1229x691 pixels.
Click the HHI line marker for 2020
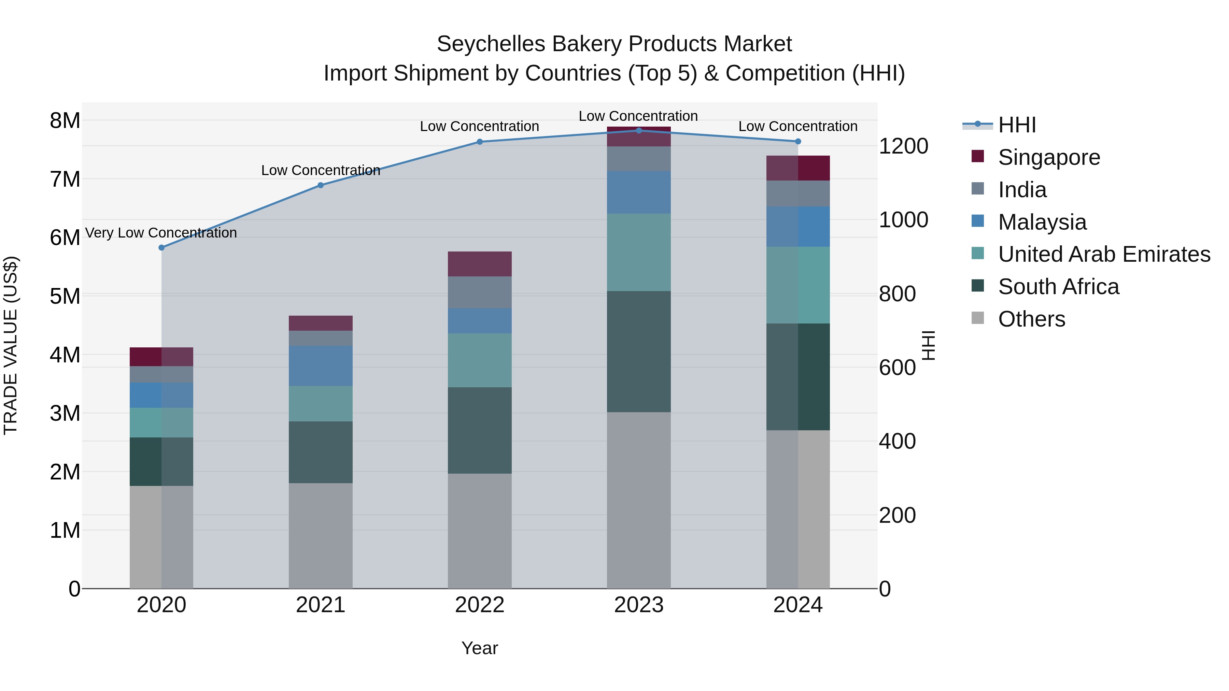click(161, 247)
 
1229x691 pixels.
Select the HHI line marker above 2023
click(639, 130)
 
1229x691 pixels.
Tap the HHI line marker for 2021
click(321, 185)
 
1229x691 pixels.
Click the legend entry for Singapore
click(1049, 157)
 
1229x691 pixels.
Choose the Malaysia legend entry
click(1042, 222)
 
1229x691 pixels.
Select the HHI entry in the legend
click(1017, 125)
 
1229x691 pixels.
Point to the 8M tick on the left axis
click(65, 121)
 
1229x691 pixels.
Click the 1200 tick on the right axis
click(903, 146)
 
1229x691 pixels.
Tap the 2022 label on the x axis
click(480, 605)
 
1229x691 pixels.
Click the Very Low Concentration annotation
click(161, 233)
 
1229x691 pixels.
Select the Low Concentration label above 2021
click(321, 170)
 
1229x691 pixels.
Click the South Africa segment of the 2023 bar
click(639, 351)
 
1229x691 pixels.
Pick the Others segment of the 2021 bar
click(321, 535)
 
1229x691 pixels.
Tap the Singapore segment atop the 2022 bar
click(480, 264)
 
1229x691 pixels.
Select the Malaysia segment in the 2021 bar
click(321, 366)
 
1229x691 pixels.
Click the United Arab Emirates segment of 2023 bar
click(639, 252)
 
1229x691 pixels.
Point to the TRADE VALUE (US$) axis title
click(11, 345)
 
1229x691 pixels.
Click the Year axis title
click(480, 648)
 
